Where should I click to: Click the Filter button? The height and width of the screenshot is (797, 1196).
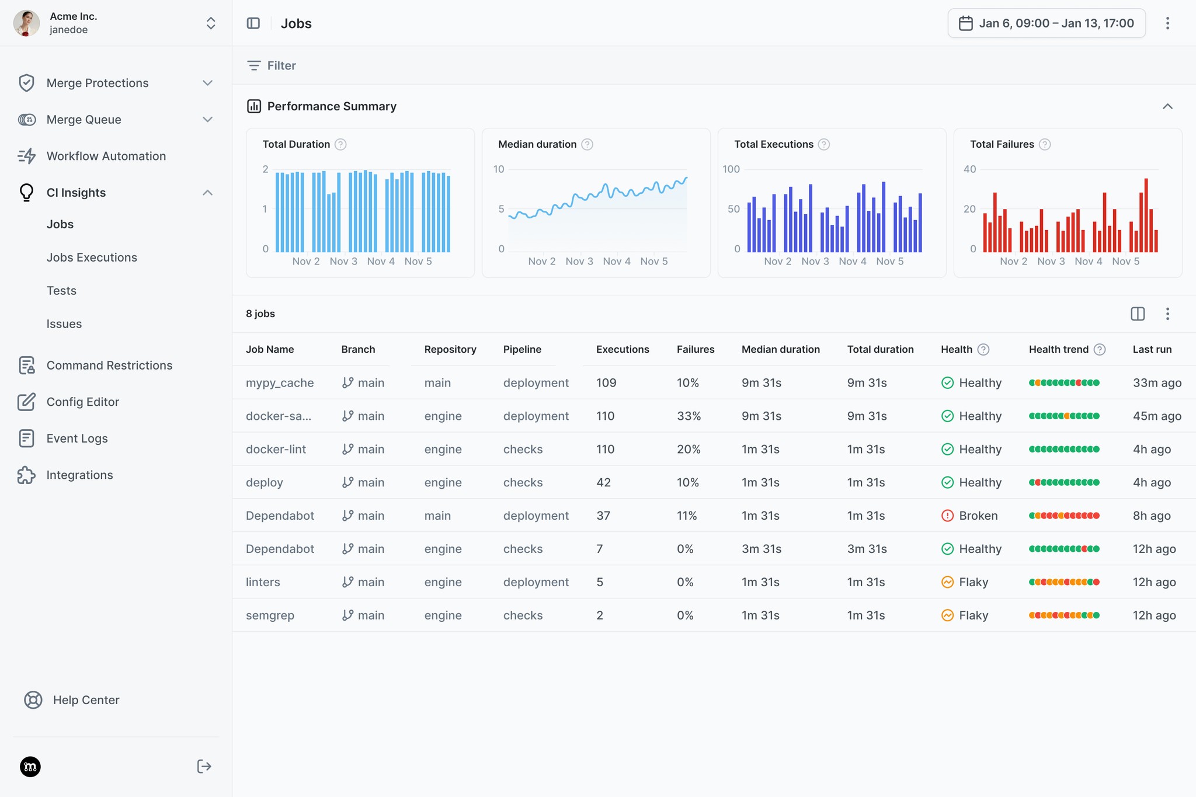(272, 65)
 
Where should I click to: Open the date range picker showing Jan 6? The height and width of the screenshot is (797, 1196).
(1046, 23)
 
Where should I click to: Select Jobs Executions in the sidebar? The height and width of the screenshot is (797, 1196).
(92, 257)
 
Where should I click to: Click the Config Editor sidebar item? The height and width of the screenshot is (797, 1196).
(82, 402)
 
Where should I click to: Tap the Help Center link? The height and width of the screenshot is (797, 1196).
(86, 700)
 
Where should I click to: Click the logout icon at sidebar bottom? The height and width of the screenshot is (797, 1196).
(204, 767)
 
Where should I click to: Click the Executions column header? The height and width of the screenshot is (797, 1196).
(622, 349)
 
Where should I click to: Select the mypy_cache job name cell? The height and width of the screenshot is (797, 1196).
(280, 383)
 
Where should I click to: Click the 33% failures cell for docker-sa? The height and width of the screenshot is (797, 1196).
(689, 416)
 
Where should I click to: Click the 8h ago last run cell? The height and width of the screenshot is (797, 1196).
(1151, 516)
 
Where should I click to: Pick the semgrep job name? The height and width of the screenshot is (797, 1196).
(270, 615)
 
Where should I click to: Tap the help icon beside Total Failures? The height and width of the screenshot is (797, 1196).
(1045, 144)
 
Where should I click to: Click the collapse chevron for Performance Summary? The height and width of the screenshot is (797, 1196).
(1167, 106)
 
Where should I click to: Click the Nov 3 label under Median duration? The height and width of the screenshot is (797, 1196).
(579, 262)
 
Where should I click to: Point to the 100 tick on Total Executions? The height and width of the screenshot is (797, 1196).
(731, 169)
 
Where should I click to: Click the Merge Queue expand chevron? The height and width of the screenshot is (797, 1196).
(207, 120)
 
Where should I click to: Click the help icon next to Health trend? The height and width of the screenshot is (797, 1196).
(1100, 349)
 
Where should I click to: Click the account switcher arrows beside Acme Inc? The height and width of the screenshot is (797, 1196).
(211, 23)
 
